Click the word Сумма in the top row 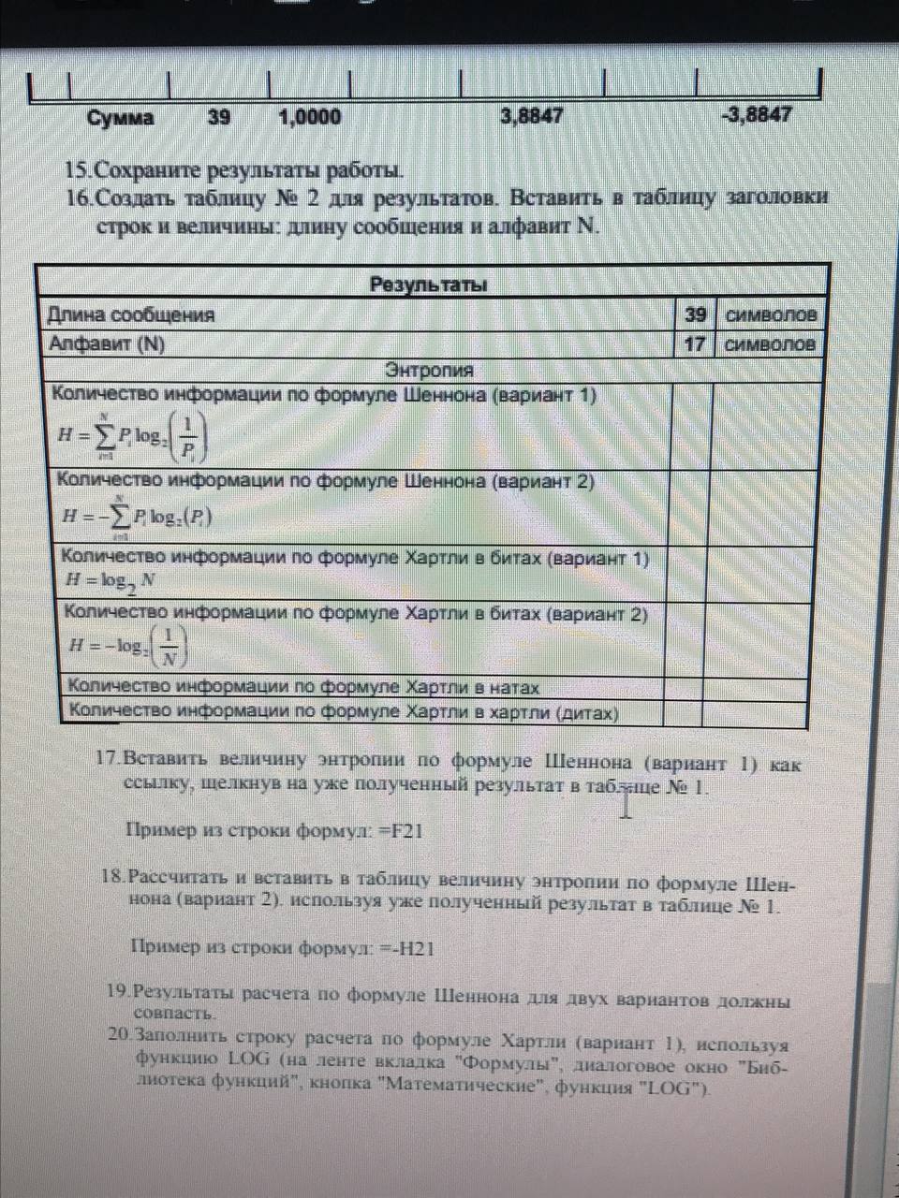[121, 118]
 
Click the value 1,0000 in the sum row [310, 117]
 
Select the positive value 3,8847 [532, 116]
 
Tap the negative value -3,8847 [757, 115]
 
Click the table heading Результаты [428, 285]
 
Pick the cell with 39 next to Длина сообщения [694, 314]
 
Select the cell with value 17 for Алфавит [694, 343]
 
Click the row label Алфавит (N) [107, 343]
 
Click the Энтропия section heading [430, 370]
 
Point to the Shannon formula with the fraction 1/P [132, 437]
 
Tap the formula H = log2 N [111, 581]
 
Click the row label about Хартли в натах [304, 688]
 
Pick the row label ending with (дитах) [344, 712]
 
